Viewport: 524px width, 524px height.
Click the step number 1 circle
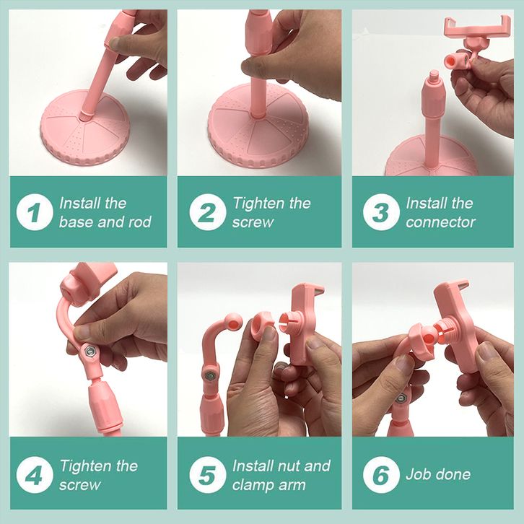click(x=35, y=212)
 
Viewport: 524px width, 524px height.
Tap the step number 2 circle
click(x=208, y=212)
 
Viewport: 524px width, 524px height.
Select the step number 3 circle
click(x=381, y=212)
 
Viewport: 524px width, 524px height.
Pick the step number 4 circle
click(x=35, y=475)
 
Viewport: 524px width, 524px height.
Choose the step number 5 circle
click(x=208, y=475)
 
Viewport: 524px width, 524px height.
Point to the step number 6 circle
click(x=381, y=475)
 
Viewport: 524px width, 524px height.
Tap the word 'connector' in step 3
click(x=440, y=222)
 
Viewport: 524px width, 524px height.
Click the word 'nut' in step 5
click(x=289, y=466)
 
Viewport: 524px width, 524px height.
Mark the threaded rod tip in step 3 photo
click(x=434, y=74)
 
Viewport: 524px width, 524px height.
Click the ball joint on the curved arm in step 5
click(x=234, y=323)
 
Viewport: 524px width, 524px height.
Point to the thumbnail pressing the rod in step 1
click(x=115, y=43)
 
